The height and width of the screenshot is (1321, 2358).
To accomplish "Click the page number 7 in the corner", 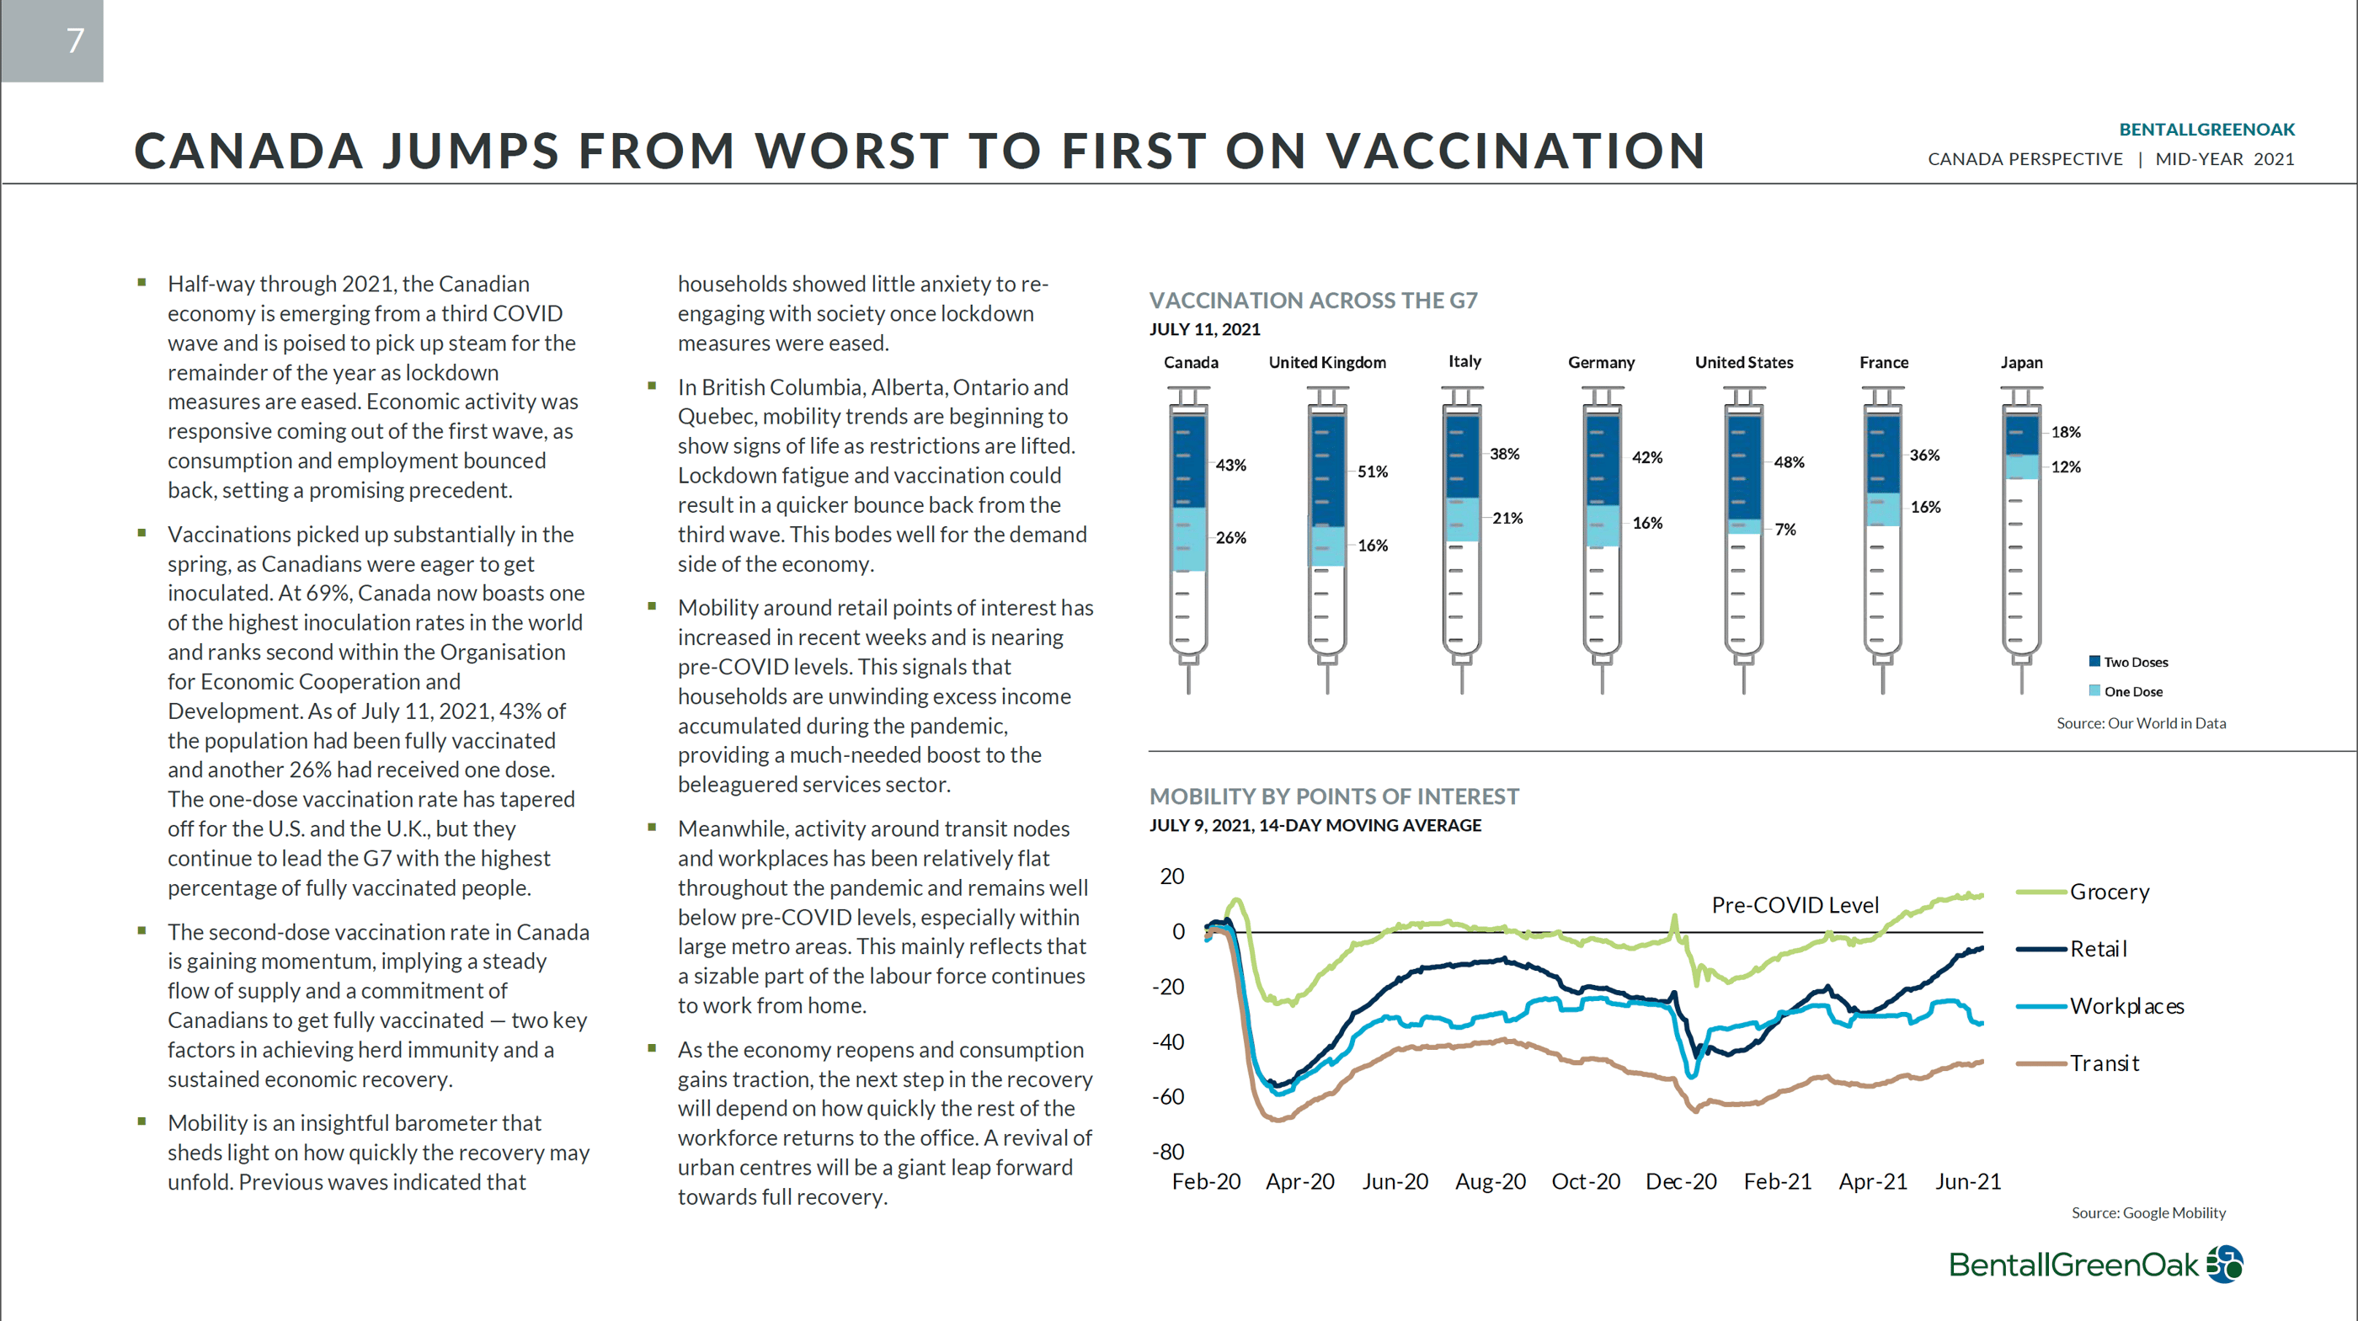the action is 75,40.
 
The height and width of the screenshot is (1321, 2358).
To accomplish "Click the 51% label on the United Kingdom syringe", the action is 1372,471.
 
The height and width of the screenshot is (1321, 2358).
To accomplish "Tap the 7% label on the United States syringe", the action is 1785,529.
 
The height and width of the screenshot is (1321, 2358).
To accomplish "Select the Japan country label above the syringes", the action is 2021,363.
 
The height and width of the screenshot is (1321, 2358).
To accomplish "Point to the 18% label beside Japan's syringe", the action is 2065,432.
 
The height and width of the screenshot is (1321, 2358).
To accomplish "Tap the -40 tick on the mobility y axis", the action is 1168,1041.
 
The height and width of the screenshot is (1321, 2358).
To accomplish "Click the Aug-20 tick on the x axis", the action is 1491,1182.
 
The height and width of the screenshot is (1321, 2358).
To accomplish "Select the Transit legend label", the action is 2105,1063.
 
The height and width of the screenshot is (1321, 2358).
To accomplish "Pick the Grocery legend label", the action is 2110,892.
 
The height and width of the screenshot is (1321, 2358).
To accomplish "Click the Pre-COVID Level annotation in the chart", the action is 1795,905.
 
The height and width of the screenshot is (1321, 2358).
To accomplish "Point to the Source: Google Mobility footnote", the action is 2148,1213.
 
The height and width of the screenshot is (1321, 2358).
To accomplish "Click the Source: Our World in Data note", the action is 2141,723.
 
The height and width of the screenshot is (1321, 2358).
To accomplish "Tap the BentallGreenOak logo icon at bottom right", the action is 2224,1265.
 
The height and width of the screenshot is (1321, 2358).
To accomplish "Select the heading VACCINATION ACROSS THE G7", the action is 1314,301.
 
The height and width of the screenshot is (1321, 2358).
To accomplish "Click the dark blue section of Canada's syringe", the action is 1188,461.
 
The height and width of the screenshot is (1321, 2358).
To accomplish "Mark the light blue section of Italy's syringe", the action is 1462,519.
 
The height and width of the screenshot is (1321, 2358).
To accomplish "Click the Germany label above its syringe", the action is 1601,363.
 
